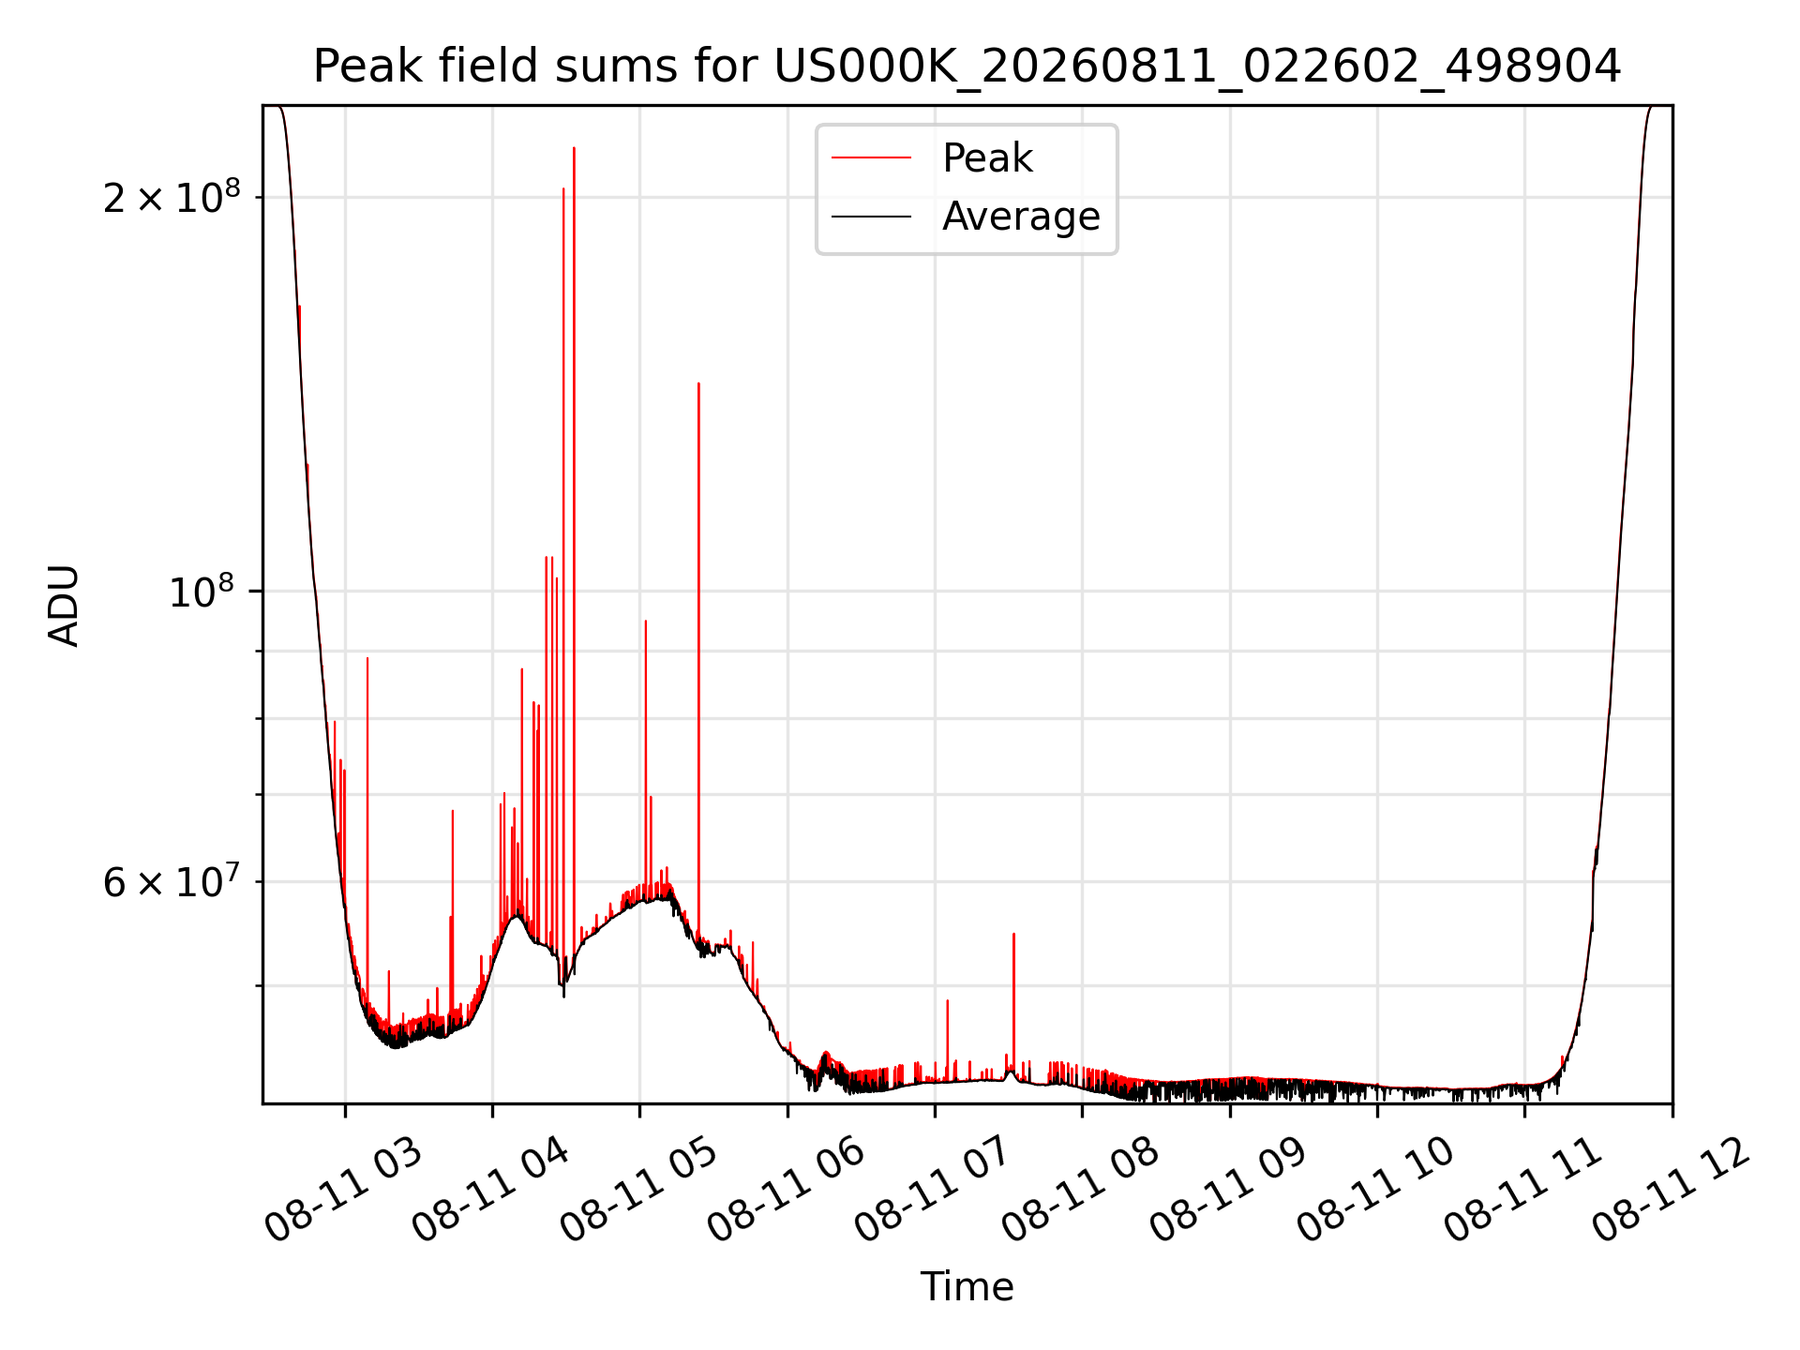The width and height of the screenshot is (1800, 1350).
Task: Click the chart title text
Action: coord(967,67)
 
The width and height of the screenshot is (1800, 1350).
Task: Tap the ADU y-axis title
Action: coord(64,606)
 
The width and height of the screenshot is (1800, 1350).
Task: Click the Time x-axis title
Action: coord(967,1286)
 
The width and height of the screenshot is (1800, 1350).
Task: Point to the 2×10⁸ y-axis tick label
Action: coord(172,196)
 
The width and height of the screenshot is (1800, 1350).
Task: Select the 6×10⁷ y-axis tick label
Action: coord(172,881)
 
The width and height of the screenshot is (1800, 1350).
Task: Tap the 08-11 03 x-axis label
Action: coord(343,1192)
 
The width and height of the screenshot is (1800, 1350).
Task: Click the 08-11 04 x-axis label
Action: coord(490,1192)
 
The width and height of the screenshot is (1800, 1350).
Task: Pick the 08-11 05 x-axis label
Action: coord(638,1192)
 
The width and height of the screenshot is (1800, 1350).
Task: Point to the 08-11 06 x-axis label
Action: coord(786,1192)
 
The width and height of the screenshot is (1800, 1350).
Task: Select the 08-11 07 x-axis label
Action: coord(934,1192)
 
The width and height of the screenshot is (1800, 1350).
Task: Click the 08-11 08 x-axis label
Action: coord(1081,1192)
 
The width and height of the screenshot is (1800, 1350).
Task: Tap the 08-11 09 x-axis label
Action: coord(1229,1192)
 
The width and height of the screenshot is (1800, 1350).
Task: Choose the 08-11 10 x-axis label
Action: coord(1376,1192)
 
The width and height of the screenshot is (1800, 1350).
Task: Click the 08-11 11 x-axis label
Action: coord(1523,1192)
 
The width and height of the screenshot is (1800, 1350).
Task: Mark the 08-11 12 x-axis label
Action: coord(1672,1192)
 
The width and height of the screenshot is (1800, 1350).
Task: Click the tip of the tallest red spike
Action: coord(574,148)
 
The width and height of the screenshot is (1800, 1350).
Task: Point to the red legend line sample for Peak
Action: coord(871,158)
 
